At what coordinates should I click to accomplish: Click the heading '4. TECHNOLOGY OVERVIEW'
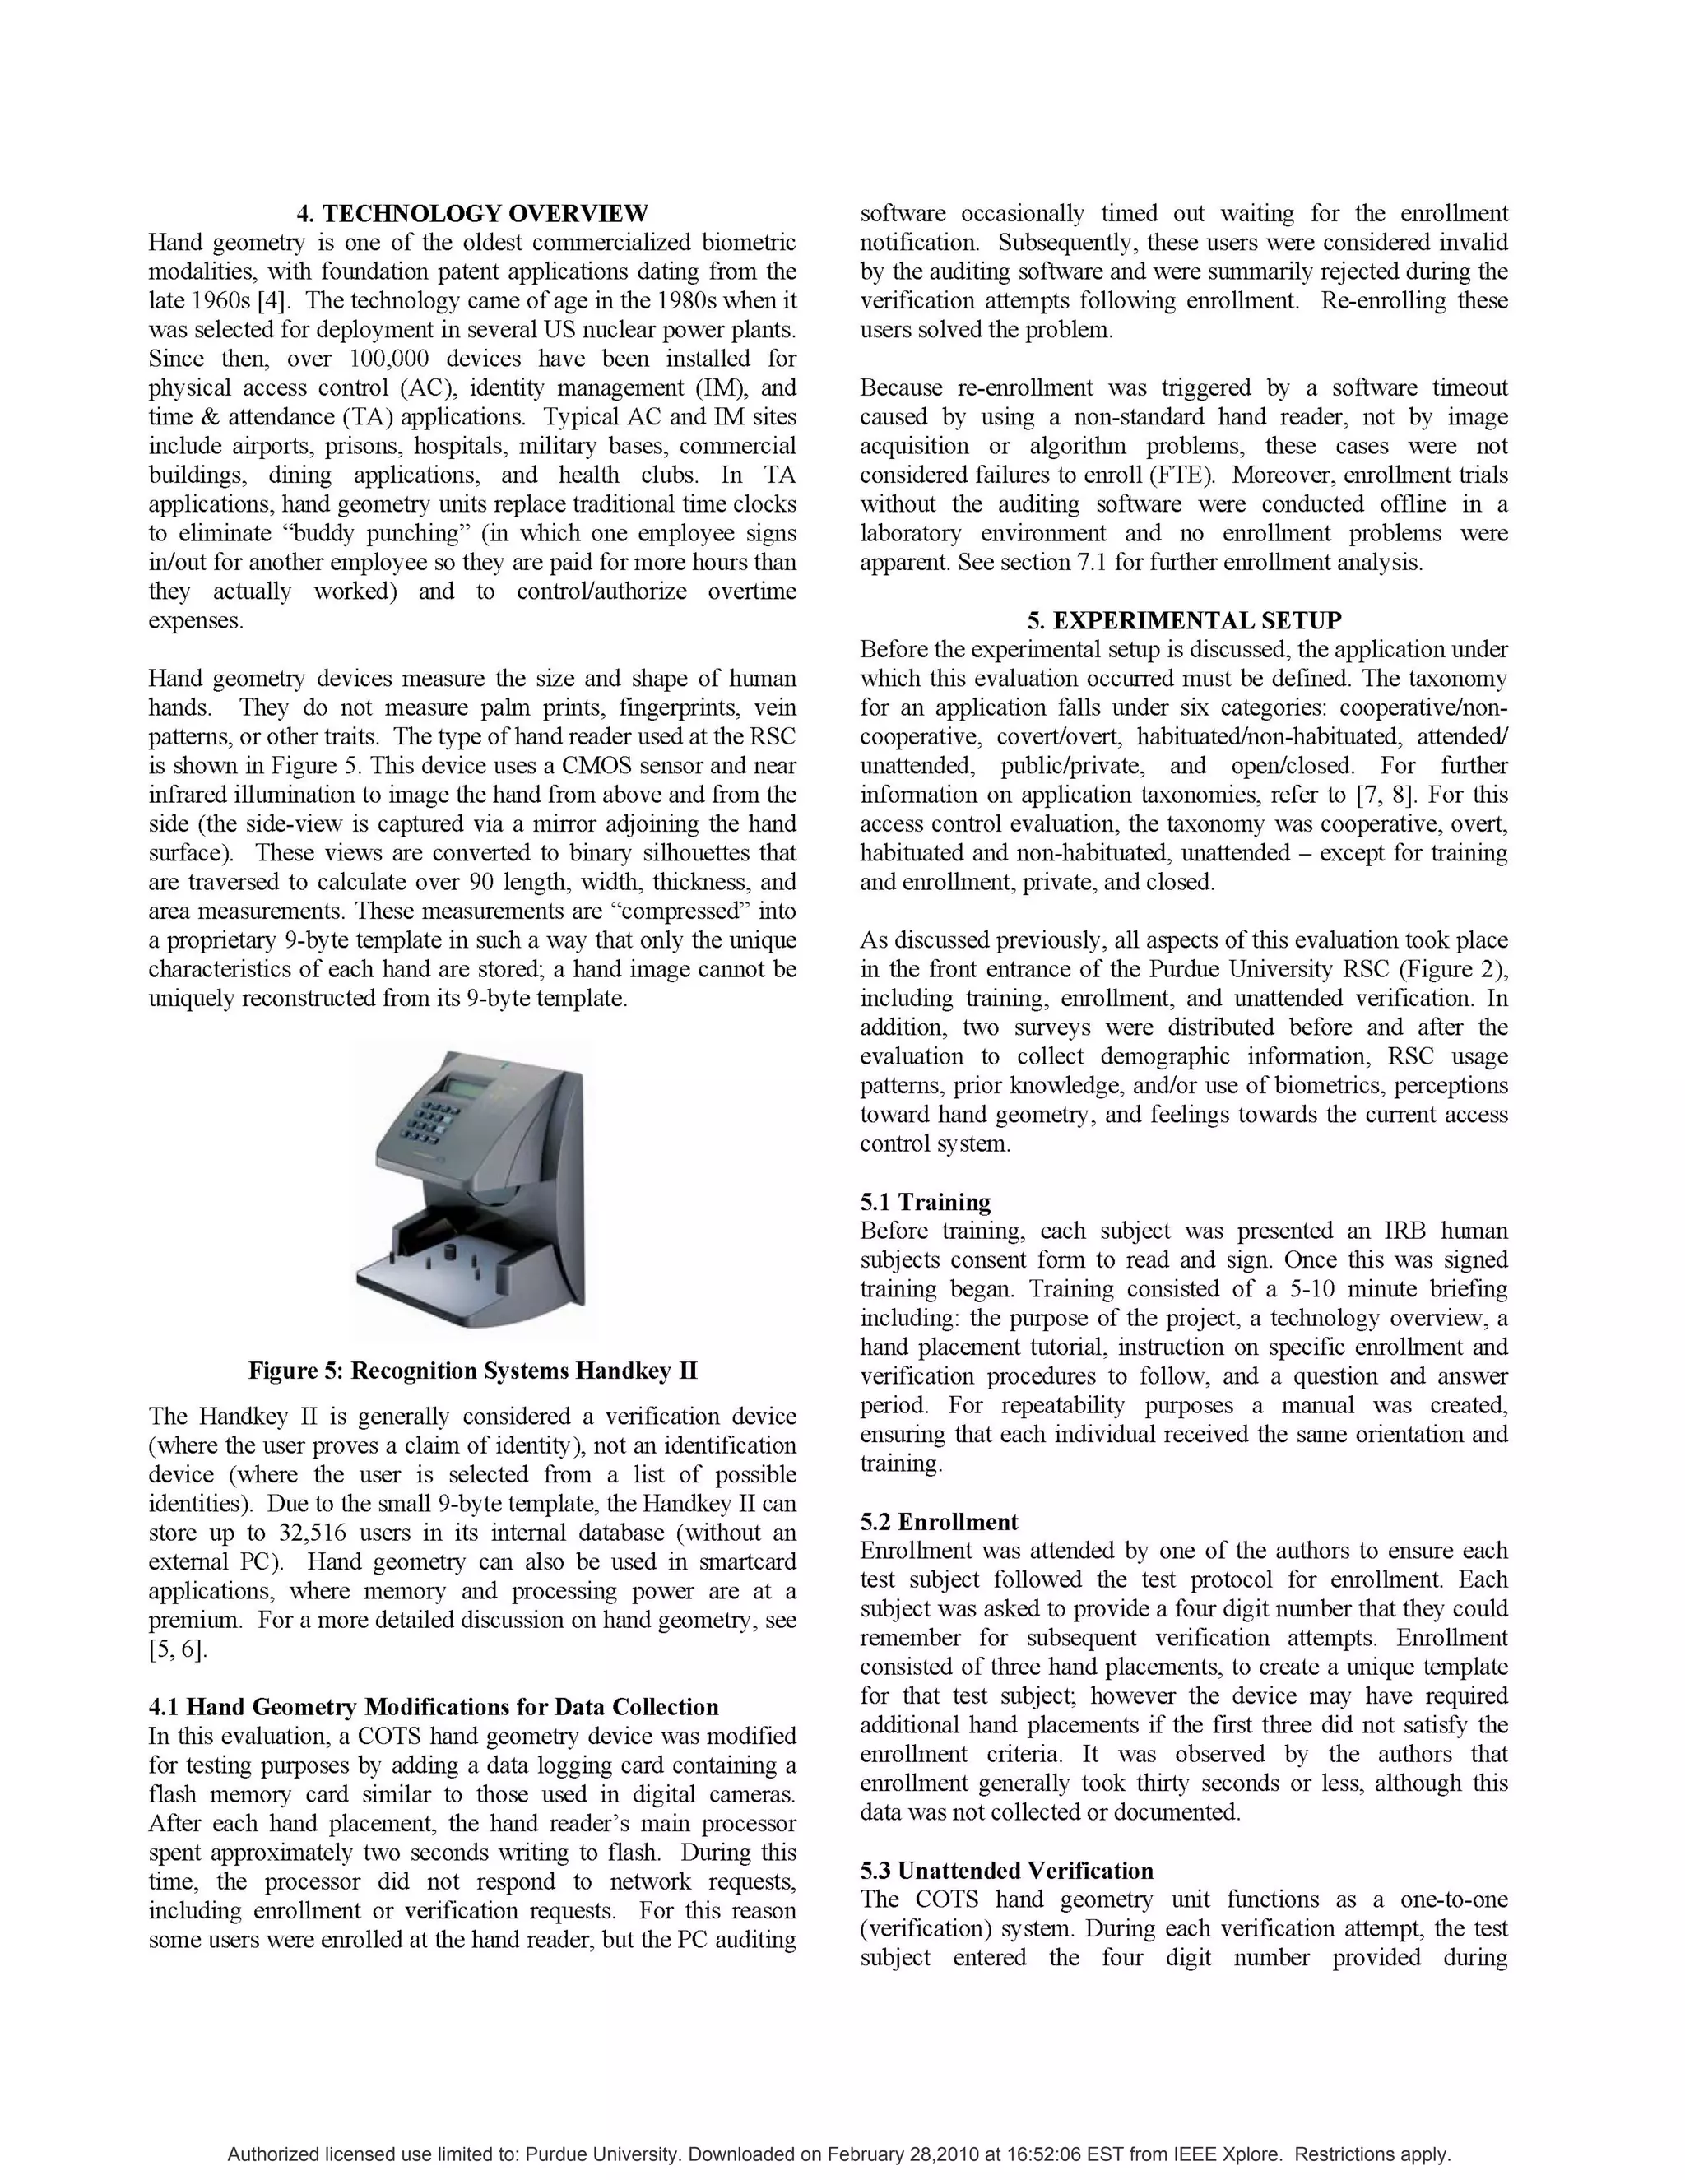click(472, 214)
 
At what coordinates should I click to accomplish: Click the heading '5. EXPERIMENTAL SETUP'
click(1184, 621)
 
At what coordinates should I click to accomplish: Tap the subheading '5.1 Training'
click(926, 1202)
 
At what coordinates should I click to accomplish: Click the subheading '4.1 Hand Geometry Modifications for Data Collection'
click(434, 1707)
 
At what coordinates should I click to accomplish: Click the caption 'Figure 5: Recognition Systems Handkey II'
click(472, 1371)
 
